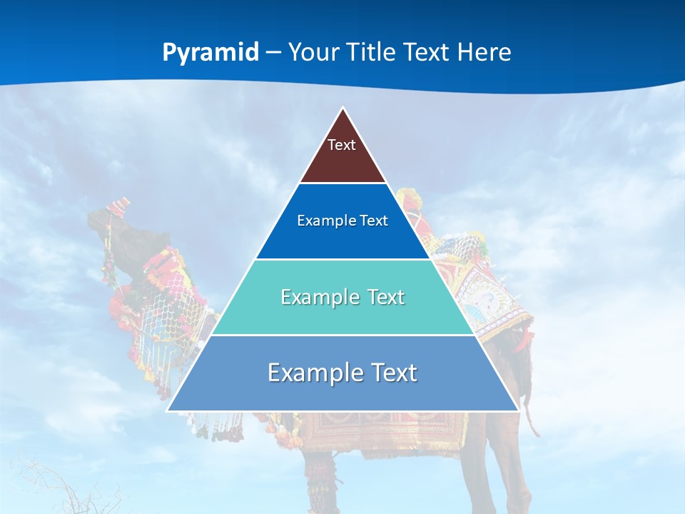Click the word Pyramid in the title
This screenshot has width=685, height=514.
pos(210,53)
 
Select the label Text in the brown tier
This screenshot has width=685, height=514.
pos(342,145)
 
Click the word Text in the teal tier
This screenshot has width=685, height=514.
pos(382,297)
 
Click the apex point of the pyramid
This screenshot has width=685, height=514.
pos(343,109)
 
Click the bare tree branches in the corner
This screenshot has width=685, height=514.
pos(43,485)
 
